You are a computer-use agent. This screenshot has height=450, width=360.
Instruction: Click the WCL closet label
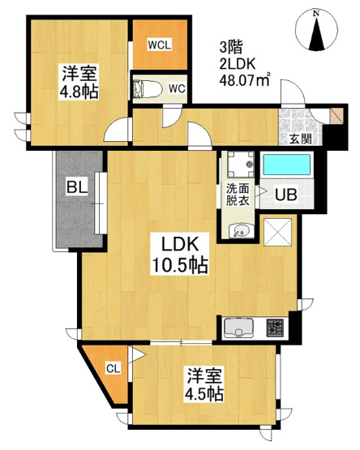click(160, 45)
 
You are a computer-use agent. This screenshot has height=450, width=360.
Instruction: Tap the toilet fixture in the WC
click(148, 88)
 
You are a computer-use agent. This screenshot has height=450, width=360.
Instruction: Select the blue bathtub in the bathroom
click(287, 165)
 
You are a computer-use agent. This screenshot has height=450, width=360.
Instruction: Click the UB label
click(286, 195)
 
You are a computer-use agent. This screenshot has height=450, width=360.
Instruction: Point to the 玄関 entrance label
click(300, 139)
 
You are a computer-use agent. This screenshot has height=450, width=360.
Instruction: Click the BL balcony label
click(77, 187)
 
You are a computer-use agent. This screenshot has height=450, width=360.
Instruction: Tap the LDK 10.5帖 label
click(180, 254)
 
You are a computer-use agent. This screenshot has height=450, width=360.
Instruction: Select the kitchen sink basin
click(239, 328)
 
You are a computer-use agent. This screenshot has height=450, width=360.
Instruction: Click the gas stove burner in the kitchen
click(275, 328)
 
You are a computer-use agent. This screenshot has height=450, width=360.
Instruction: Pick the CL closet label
click(114, 368)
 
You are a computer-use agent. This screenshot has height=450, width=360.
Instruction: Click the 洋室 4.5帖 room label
click(204, 385)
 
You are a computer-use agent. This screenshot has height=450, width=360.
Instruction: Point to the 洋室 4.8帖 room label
click(79, 82)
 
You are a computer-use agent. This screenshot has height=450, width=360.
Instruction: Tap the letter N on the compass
click(316, 13)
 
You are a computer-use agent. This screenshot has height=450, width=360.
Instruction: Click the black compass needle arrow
click(316, 33)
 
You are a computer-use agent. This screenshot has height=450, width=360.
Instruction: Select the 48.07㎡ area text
click(245, 80)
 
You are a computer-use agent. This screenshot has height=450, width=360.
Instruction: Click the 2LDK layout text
click(237, 64)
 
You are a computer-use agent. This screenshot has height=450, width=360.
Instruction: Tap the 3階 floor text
click(231, 47)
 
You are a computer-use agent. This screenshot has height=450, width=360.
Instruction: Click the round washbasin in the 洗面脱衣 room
click(242, 231)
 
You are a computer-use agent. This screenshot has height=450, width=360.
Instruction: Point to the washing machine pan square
click(241, 165)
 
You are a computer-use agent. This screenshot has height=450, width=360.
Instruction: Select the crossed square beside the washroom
click(277, 232)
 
